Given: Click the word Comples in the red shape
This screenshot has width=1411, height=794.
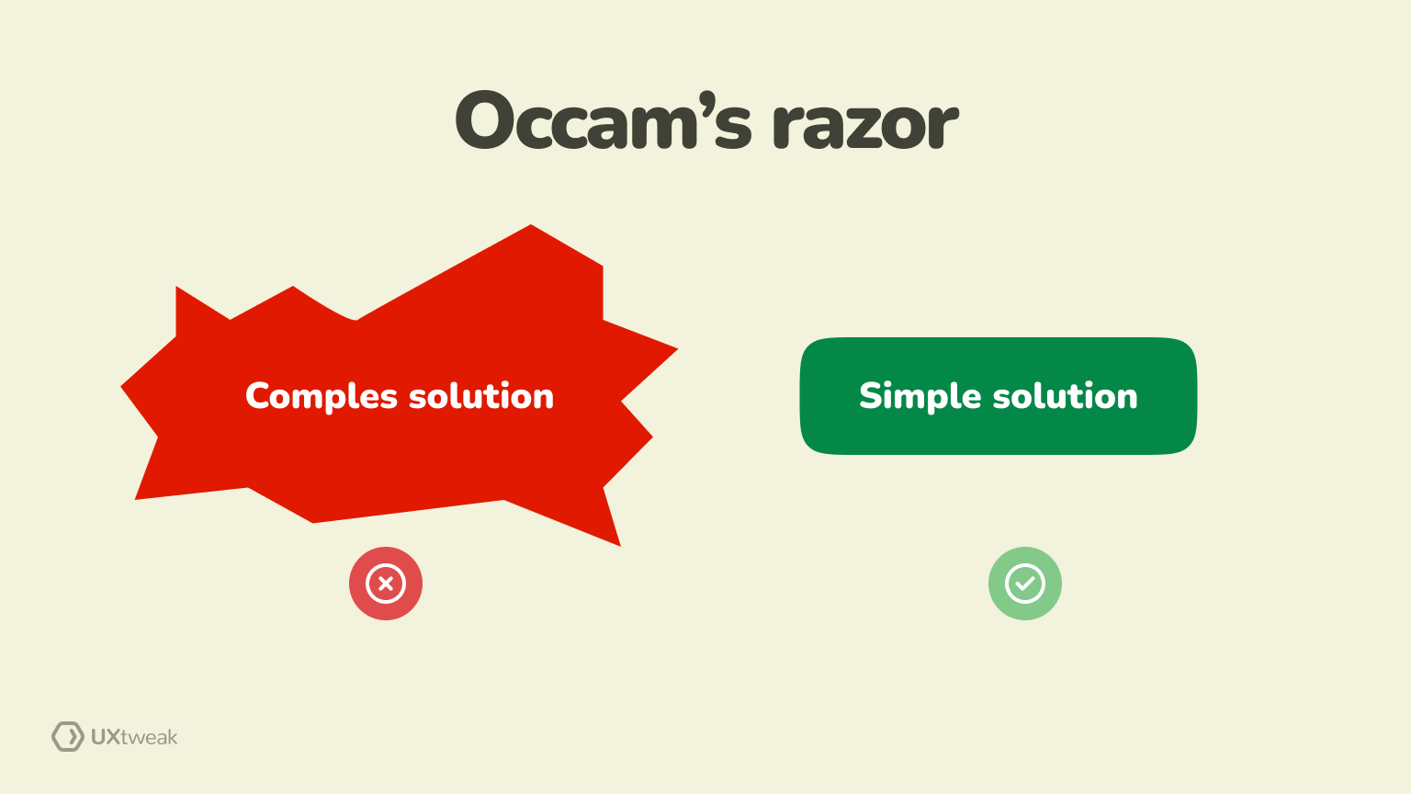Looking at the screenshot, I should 321,397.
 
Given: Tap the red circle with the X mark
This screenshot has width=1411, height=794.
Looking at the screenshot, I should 386,584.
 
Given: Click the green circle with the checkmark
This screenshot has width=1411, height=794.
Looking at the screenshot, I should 1025,584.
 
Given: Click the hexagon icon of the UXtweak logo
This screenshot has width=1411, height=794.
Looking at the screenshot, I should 67,736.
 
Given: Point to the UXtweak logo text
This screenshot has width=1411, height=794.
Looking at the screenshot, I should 134,737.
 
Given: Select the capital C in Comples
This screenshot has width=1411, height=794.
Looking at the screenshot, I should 258,396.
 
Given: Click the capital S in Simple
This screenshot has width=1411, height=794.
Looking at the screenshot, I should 870,396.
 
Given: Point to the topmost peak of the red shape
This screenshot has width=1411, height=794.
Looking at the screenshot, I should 531,226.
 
